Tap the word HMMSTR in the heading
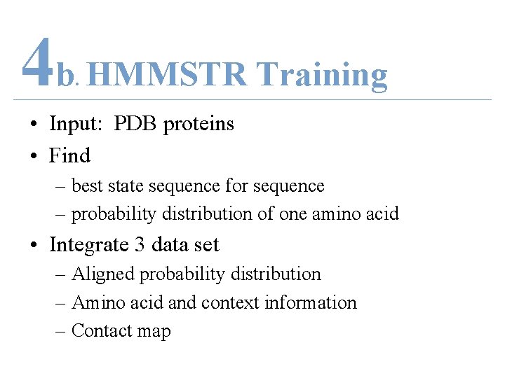(x=168, y=74)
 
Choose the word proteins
(x=198, y=125)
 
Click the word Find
(x=69, y=155)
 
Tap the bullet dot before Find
(x=34, y=155)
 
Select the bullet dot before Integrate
(x=34, y=245)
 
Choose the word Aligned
(x=104, y=274)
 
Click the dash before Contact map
(x=60, y=331)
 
